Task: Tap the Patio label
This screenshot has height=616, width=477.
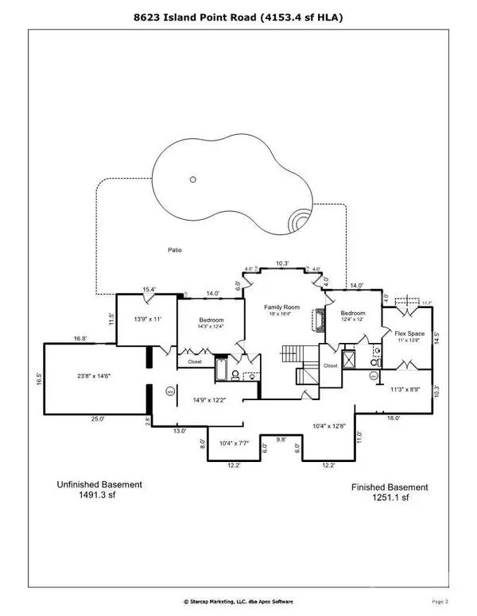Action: (174, 250)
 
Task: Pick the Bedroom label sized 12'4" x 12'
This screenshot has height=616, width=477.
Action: (352, 314)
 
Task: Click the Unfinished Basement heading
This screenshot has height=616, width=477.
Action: (99, 484)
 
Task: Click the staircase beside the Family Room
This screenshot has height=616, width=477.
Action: (289, 354)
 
